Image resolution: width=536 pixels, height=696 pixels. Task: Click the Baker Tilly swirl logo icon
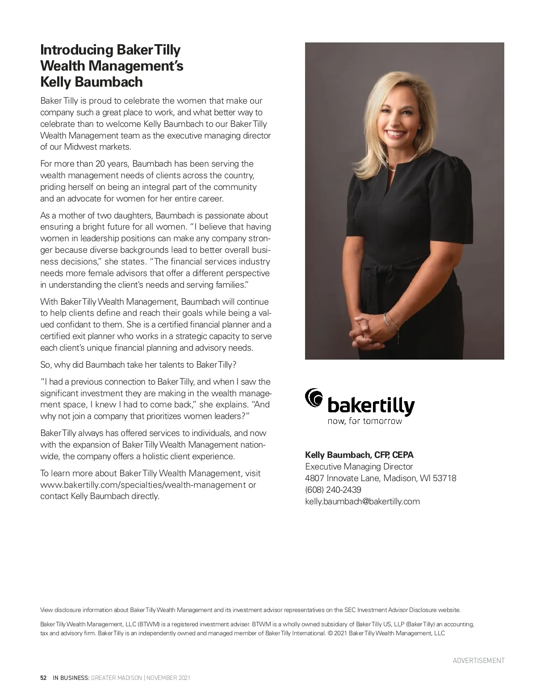(314, 398)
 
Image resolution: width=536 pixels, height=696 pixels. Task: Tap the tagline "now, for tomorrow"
(364, 421)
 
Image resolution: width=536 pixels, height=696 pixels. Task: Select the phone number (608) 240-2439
(333, 490)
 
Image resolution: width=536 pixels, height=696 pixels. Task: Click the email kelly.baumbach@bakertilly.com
(362, 501)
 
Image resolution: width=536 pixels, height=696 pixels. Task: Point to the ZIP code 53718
(444, 478)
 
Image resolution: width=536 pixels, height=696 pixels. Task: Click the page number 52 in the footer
(43, 678)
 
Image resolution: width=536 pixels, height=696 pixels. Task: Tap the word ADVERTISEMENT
(478, 660)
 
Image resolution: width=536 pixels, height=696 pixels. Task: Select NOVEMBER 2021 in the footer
(168, 678)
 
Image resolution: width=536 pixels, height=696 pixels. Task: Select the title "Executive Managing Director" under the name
(359, 466)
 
